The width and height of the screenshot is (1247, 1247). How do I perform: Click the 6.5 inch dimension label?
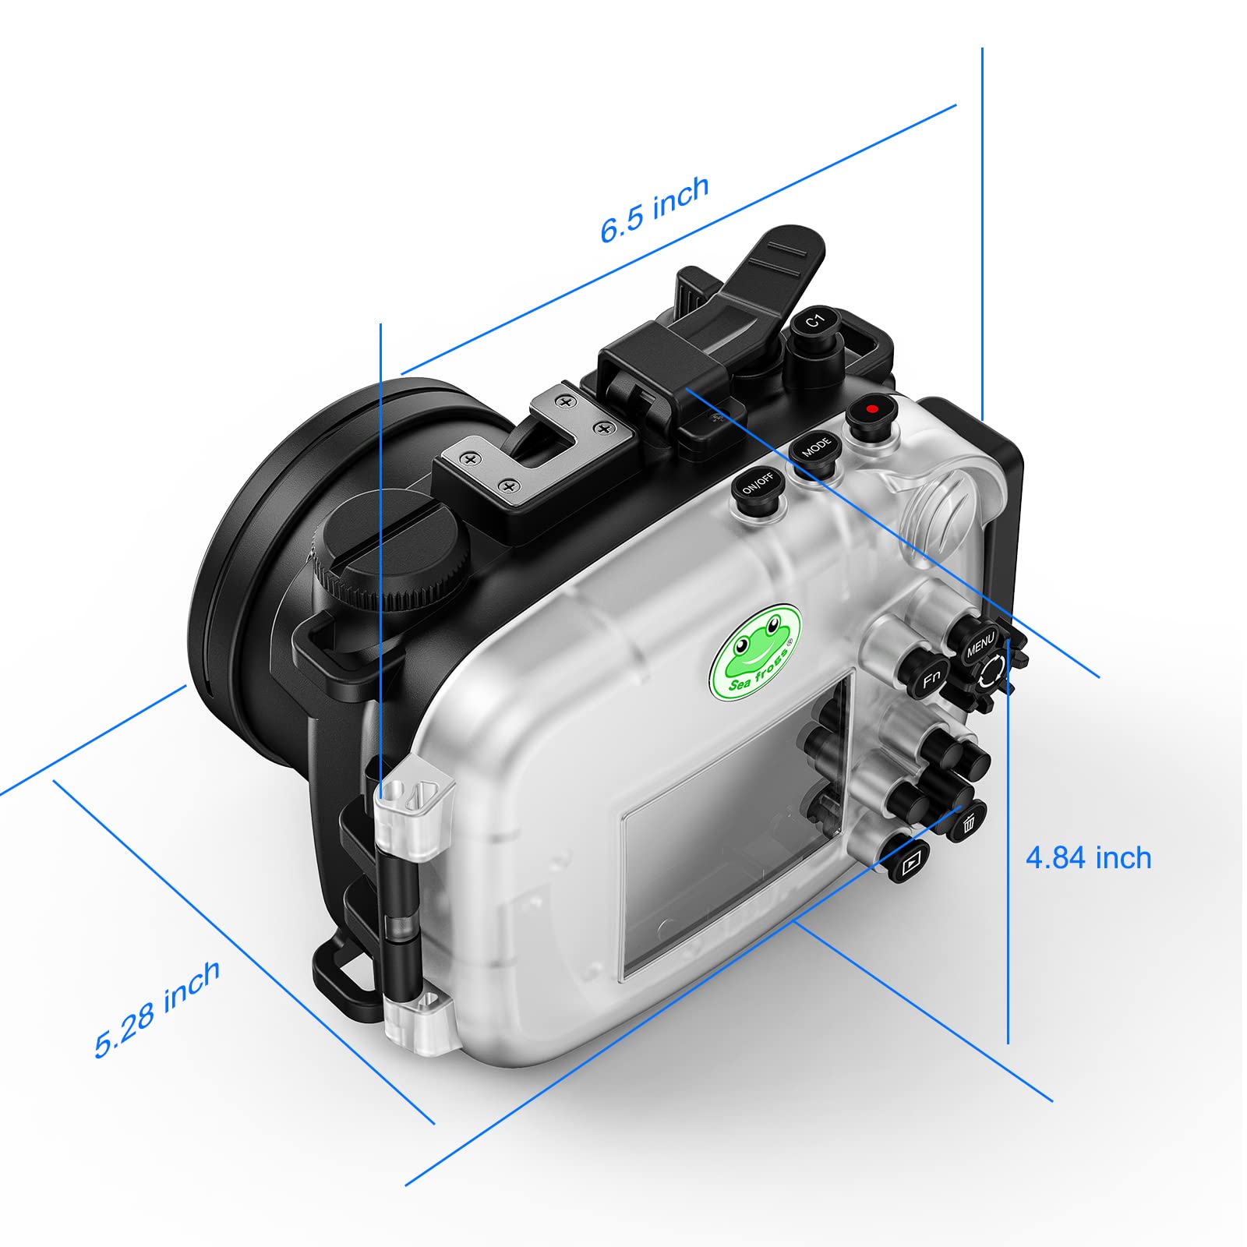[x=655, y=208]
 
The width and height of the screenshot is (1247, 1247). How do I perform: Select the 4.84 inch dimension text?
[x=1088, y=858]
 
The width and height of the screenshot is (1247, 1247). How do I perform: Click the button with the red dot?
[x=871, y=410]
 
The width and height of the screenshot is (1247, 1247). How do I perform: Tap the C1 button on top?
[x=814, y=321]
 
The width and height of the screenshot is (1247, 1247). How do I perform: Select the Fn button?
[x=930, y=678]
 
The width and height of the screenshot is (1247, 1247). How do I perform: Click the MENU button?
[x=979, y=645]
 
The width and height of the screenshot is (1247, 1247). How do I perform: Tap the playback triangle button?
[x=910, y=863]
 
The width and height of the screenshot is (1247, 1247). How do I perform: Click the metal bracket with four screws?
[x=530, y=444]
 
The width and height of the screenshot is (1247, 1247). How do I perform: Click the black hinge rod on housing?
[x=402, y=920]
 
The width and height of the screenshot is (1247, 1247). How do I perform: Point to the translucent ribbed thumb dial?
[x=943, y=514]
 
